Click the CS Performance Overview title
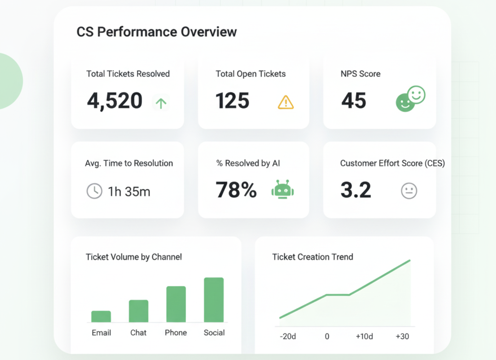157,32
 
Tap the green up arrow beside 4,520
161,103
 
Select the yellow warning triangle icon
286,102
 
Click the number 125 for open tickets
232,101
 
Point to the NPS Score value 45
354,101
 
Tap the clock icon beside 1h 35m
94,191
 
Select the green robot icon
282,189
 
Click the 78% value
236,190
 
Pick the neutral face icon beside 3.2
409,191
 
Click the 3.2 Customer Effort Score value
356,190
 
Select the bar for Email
101,316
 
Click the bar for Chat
139,311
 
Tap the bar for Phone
176,304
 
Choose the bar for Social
214,300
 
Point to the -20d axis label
288,336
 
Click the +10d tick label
364,336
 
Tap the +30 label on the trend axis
402,336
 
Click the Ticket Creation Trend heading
312,257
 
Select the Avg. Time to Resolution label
129,163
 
